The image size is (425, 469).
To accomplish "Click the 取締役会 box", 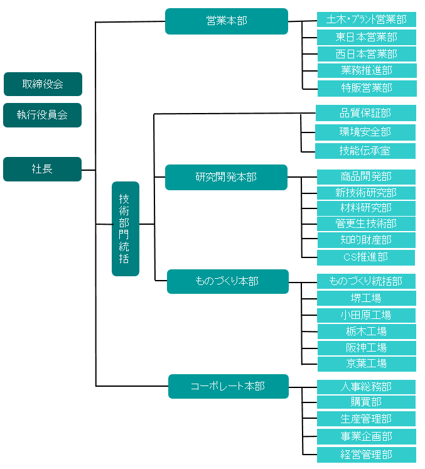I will (43, 84).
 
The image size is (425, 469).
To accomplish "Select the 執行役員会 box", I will (43, 115).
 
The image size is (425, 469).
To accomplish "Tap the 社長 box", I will (43, 169).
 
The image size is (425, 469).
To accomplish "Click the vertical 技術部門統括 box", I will (125, 229).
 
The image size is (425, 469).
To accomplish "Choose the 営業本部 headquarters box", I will (227, 21).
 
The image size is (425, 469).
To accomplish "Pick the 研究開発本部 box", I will (226, 177).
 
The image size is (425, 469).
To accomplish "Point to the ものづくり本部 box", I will (227, 281).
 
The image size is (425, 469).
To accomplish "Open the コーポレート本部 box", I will (228, 386).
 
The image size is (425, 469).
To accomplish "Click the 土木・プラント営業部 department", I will (367, 19).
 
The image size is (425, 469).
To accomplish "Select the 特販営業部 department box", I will (367, 88).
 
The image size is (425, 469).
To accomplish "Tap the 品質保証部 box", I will (365, 113).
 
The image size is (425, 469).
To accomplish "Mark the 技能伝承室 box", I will (365, 151).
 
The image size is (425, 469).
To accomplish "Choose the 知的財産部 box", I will (366, 240).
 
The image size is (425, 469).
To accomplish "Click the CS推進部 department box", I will (366, 257).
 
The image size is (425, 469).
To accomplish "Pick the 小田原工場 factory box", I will (366, 315).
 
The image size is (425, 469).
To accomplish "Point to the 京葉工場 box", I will (366, 363).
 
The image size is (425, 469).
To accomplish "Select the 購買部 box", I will (366, 402).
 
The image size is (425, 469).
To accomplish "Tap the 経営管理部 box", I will (366, 454).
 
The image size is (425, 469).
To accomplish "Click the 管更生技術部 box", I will (366, 224).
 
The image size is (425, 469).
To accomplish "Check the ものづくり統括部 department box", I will (366, 281).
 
